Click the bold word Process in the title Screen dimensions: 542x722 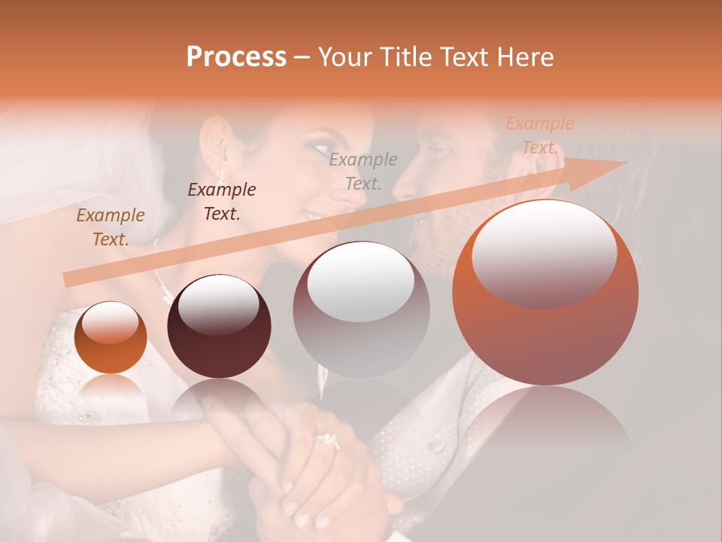point(236,56)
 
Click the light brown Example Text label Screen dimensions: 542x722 point(111,227)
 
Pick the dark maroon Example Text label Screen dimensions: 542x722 point(222,201)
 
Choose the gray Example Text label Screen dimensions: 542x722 point(363,171)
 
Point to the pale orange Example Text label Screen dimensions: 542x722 point(539,135)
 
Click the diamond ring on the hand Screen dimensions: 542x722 point(328,440)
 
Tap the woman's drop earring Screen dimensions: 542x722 point(223,174)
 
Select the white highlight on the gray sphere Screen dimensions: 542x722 point(361,280)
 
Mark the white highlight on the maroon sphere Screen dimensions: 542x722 point(218,304)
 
